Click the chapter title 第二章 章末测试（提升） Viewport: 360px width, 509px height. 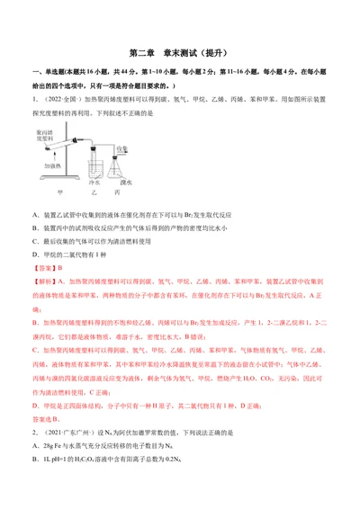point(179,50)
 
